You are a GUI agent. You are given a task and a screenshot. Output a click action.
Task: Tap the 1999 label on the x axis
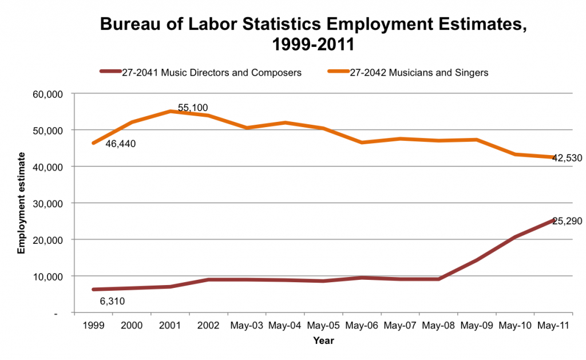(93, 325)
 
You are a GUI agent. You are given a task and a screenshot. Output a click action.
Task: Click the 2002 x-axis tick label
(208, 325)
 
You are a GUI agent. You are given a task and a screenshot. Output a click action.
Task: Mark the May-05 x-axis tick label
(323, 325)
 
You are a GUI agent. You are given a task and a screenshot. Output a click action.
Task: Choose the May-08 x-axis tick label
(438, 325)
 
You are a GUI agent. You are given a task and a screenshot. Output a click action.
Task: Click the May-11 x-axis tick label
(553, 325)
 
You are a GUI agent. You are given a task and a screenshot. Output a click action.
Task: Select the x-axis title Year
(323, 341)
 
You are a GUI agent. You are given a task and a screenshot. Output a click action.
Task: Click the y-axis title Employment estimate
(21, 203)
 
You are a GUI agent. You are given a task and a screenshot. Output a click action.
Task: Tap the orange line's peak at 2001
(170, 111)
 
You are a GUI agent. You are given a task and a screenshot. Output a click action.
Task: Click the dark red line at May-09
(477, 260)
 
